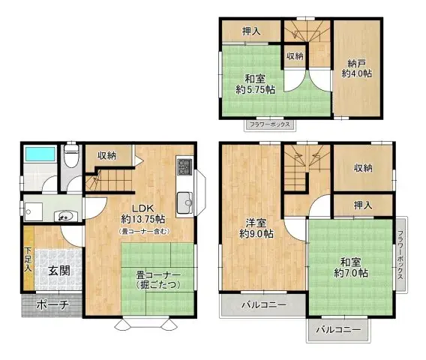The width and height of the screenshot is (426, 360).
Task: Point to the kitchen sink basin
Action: tap(184, 201)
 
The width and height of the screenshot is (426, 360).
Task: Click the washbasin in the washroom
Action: tap(65, 214)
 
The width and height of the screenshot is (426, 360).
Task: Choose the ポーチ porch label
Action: tap(52, 305)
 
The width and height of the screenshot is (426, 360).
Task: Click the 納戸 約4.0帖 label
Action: tap(352, 67)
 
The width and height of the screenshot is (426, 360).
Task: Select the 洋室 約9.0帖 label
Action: tap(256, 228)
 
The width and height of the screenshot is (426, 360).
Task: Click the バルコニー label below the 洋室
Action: tap(263, 305)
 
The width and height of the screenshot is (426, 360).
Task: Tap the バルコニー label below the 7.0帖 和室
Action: tap(338, 330)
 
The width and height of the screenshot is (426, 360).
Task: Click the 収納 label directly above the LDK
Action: tap(106, 155)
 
